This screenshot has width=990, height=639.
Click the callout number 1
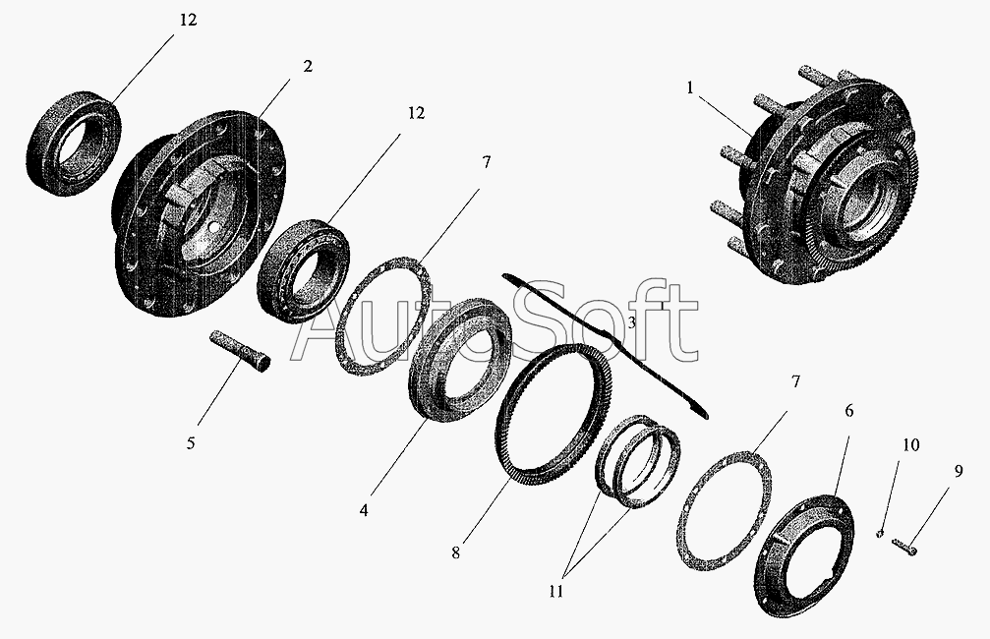point(690,88)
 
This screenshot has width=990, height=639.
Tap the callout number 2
point(308,66)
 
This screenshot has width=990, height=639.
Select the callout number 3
point(632,323)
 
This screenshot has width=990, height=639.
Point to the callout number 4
point(364,509)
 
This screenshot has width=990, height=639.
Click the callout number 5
point(191,443)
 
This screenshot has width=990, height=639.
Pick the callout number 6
point(849,411)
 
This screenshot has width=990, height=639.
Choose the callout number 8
point(456,552)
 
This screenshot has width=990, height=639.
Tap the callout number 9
point(959,471)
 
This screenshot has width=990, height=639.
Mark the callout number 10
point(910,445)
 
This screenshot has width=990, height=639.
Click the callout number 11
point(555,592)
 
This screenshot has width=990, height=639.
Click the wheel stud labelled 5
point(239,352)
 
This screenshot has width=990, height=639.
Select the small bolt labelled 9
point(904,547)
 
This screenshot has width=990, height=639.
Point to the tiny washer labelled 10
point(880,535)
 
